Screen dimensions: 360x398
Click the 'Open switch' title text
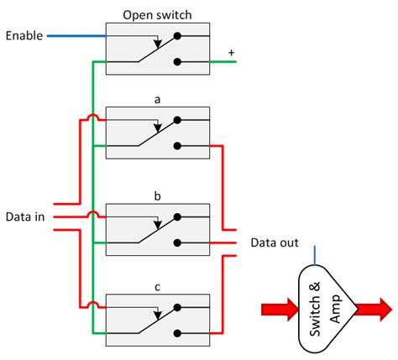pos(157,14)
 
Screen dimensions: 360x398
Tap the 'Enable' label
pos(24,36)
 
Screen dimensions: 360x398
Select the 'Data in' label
pos(24,216)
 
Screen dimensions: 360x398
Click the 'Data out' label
pos(274,243)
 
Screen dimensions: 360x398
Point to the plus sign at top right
pos(232,52)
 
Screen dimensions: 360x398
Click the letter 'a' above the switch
pos(157,98)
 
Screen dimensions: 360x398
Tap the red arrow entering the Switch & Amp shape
pos(280,310)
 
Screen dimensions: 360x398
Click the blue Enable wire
pos(76,36)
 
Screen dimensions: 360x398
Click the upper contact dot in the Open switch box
pos(176,36)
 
